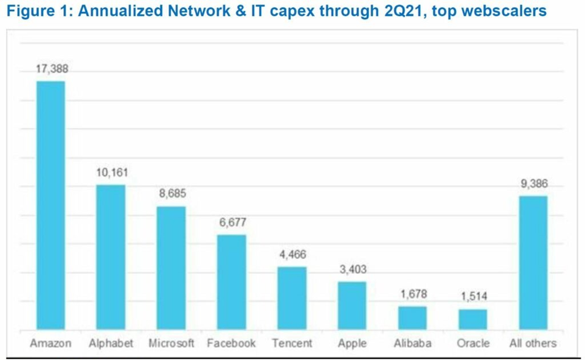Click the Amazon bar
[51, 205]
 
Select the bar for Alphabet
[111, 257]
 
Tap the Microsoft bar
[171, 268]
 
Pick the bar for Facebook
[232, 282]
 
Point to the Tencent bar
[292, 298]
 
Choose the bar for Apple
[352, 305]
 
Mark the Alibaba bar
[412, 317]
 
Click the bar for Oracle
[473, 318]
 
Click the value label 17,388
[51, 69]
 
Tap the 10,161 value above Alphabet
[111, 173]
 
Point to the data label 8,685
[171, 194]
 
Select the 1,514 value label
[473, 297]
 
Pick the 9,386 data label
[533, 184]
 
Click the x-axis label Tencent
[292, 343]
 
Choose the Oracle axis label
[473, 343]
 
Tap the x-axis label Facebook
[232, 343]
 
